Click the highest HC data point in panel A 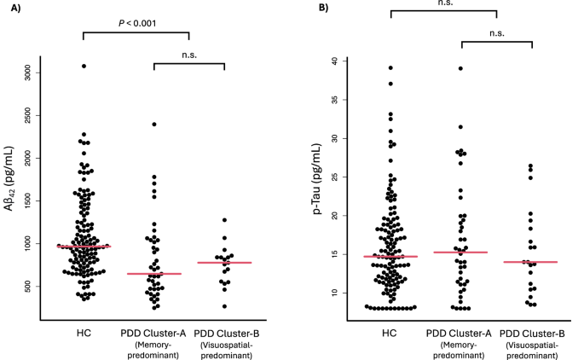84,66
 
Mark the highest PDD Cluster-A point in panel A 154,125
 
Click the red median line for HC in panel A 84,247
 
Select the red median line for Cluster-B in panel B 530,262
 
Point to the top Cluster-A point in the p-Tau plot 461,68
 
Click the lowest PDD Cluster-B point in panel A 224,306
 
